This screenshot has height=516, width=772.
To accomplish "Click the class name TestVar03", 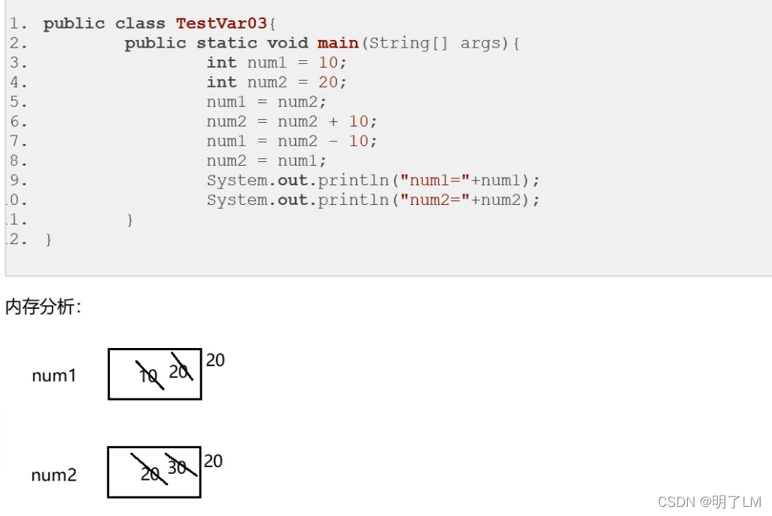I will tap(221, 23).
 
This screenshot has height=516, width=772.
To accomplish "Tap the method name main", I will tap(338, 43).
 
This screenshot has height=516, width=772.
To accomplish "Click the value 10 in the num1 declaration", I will tap(328, 63).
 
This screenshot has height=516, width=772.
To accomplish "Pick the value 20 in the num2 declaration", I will tap(328, 82).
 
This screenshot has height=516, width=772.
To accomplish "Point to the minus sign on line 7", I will tap(333, 141).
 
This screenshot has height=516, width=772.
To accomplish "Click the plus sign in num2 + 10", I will tap(333, 121).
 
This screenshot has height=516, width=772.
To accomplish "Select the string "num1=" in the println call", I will tap(435, 180).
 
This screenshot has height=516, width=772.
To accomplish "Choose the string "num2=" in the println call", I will tap(435, 200).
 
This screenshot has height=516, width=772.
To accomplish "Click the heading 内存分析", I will tap(42, 307).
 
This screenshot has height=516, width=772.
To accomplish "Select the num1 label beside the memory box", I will tap(54, 375).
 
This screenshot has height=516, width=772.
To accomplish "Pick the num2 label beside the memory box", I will tap(54, 475).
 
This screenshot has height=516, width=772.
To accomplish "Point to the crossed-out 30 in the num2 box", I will tap(178, 467).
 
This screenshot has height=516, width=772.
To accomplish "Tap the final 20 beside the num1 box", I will tap(215, 360).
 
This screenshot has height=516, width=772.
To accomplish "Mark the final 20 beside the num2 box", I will tap(214, 460).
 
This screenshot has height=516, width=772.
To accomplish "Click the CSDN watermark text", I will tap(709, 501).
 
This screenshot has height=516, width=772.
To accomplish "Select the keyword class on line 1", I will tap(140, 23).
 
